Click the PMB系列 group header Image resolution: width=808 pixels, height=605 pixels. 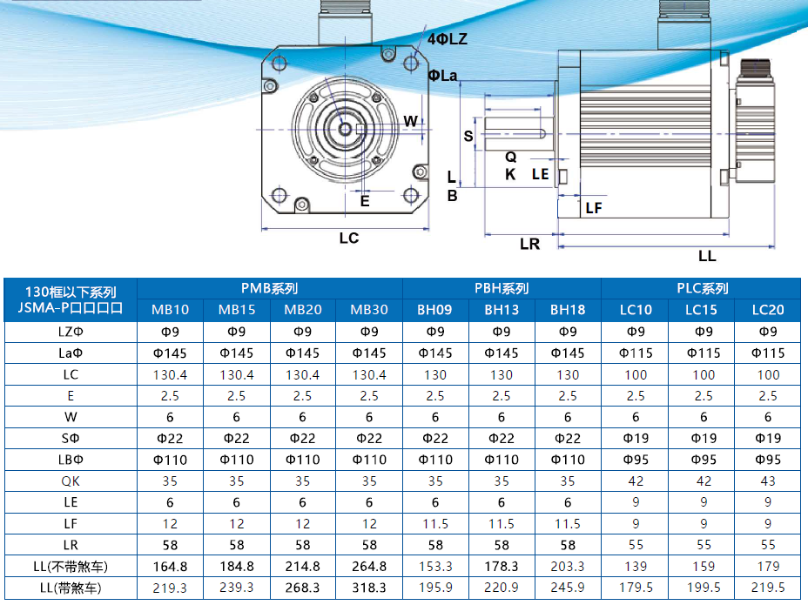pyautogui.click(x=270, y=288)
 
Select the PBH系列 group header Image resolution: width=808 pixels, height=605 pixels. pyautogui.click(x=502, y=288)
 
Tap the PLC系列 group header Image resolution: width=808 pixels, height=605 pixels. pyautogui.click(x=702, y=288)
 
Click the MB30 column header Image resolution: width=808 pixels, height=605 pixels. pyautogui.click(x=369, y=310)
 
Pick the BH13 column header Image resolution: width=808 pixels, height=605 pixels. pyautogui.click(x=502, y=310)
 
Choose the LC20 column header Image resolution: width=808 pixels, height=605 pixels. pyautogui.click(x=768, y=310)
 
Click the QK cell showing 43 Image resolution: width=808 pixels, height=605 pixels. pyautogui.click(x=768, y=481)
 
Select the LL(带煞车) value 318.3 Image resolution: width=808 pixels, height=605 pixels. pyautogui.click(x=369, y=588)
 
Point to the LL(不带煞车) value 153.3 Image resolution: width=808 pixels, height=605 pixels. pyautogui.click(x=435, y=566)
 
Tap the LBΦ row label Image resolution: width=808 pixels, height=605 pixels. pyautogui.click(x=71, y=460)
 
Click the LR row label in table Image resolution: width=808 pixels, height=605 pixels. pyautogui.click(x=71, y=545)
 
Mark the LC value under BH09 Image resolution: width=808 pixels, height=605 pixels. pyautogui.click(x=435, y=374)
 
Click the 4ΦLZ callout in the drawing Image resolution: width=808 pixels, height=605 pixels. pyautogui.click(x=448, y=39)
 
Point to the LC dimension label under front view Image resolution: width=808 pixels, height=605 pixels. pyautogui.click(x=348, y=238)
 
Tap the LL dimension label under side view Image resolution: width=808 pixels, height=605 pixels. pyautogui.click(x=707, y=256)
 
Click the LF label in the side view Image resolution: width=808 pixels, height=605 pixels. pyautogui.click(x=594, y=207)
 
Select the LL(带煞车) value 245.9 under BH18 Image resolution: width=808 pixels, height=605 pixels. pyautogui.click(x=568, y=588)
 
